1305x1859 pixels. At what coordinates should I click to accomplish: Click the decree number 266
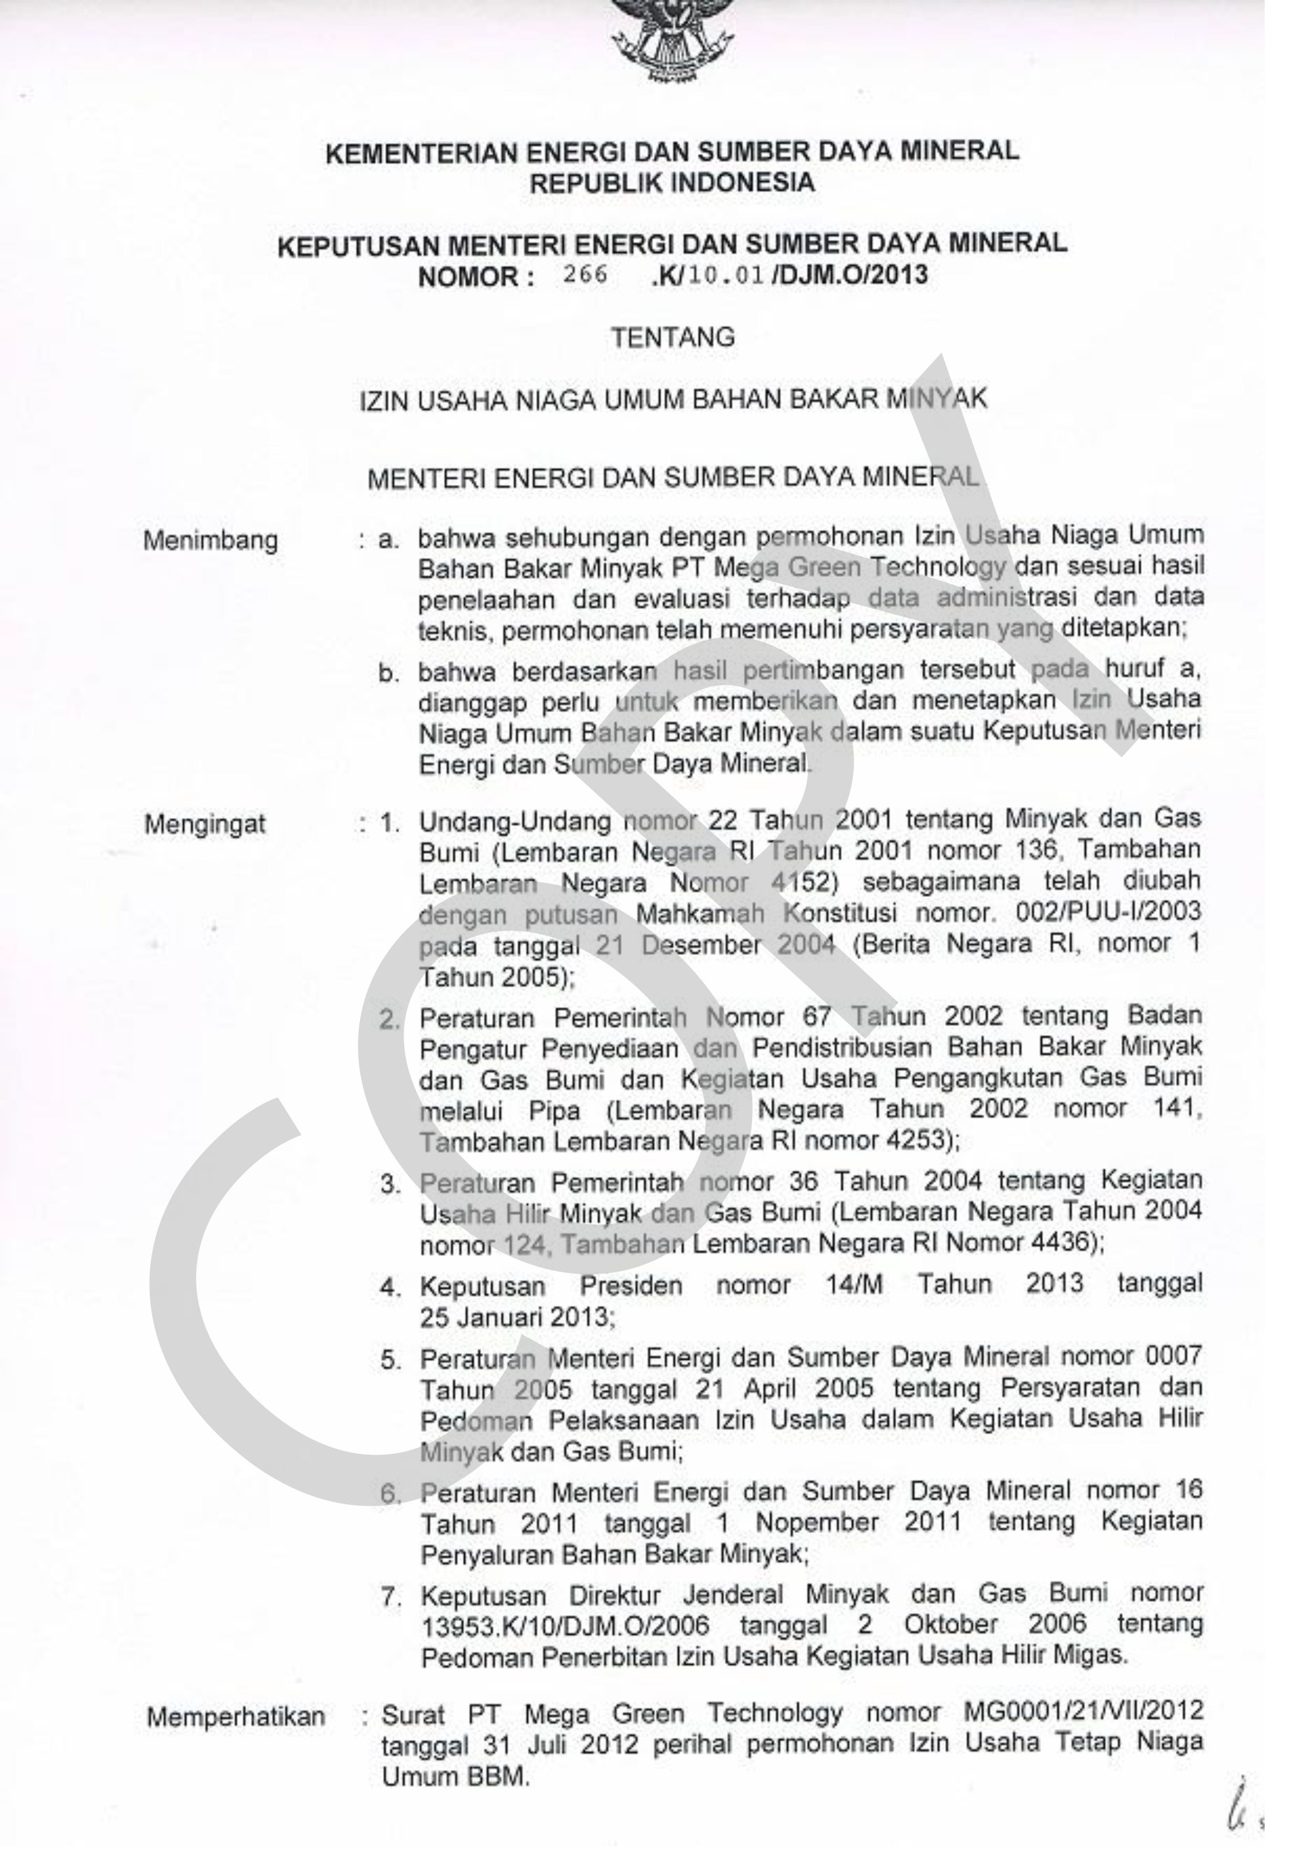[x=585, y=274]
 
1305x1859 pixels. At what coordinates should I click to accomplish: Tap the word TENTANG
[x=673, y=337]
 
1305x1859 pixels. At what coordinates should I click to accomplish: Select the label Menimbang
[x=210, y=540]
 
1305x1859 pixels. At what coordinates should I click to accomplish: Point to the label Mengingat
[x=205, y=824]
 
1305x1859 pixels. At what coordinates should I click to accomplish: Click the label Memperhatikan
[x=236, y=1716]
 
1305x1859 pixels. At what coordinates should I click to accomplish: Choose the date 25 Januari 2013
[x=517, y=1317]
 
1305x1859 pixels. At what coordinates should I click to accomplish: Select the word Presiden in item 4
[x=631, y=1286]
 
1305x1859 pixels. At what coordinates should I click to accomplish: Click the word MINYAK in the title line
[x=938, y=399]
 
